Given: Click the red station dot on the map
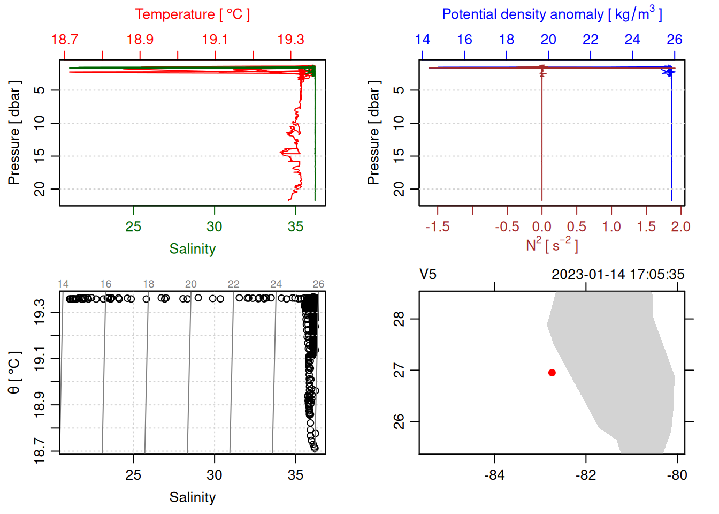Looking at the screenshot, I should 552,373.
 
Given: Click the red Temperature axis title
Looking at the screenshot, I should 192,14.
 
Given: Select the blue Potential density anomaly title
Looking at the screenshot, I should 552,14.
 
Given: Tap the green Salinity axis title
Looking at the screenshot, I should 192,249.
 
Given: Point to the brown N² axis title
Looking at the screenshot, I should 552,245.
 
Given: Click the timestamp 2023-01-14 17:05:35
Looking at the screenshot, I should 618,275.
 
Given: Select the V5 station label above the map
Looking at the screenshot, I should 428,275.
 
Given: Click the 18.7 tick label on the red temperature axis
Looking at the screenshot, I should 65,40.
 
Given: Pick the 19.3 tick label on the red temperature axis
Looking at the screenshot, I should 290,40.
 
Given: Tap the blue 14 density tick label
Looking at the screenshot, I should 423,40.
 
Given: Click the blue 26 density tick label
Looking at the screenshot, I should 675,40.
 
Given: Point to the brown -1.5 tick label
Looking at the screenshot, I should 438,227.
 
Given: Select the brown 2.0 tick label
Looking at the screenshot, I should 680,227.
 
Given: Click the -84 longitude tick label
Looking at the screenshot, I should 494,475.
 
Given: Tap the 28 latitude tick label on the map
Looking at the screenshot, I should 399,320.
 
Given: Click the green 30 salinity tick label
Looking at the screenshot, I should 215,227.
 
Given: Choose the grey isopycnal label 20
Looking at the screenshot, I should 191,284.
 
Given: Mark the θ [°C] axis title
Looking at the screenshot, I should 14,373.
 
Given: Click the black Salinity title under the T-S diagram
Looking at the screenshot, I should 192,497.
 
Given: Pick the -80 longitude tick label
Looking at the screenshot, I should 677,475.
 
